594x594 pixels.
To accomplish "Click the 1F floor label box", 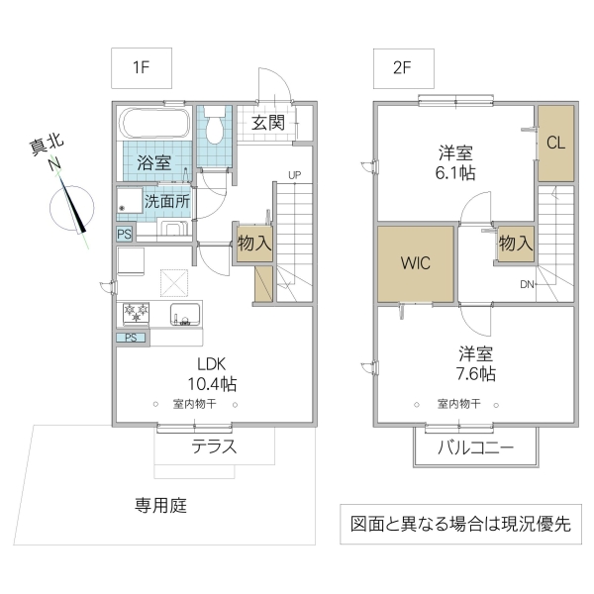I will (x=141, y=69).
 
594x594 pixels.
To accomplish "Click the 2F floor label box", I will (x=401, y=69).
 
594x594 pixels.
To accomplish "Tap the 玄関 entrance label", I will (x=267, y=123).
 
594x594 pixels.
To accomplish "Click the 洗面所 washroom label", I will (x=167, y=200).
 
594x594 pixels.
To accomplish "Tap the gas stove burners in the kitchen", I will (x=135, y=314).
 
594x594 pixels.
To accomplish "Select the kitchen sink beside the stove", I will (x=185, y=316).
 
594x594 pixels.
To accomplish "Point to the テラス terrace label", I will (x=214, y=446).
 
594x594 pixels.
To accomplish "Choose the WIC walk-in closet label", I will (x=415, y=264).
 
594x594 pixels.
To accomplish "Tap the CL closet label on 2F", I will (x=555, y=142).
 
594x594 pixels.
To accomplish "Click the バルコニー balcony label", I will (x=476, y=448).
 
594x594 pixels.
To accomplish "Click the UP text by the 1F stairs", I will (x=294, y=175).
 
